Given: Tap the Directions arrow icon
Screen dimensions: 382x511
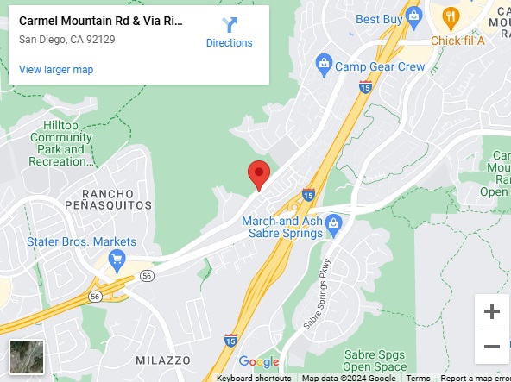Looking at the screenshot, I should pos(229,25).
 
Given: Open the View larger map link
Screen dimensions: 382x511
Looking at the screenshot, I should pos(56,70).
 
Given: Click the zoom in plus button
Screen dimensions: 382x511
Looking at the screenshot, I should pos(492,311).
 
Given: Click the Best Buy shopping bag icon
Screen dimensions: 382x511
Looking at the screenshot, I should pos(414,15).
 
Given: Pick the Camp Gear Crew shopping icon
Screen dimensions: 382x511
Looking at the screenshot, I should pos(325,63).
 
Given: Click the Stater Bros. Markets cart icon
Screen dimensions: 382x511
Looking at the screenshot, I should pos(117,259).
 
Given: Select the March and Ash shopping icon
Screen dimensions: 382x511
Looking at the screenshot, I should pos(335,224).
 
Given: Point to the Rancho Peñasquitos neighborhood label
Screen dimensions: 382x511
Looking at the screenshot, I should pos(116,199).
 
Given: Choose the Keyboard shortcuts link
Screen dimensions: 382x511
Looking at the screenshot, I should pos(254,378).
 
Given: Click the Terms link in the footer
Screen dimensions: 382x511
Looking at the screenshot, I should pos(419,378).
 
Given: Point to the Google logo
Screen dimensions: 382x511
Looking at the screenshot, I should pos(259,362).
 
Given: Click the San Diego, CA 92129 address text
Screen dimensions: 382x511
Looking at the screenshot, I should pos(67,39).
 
